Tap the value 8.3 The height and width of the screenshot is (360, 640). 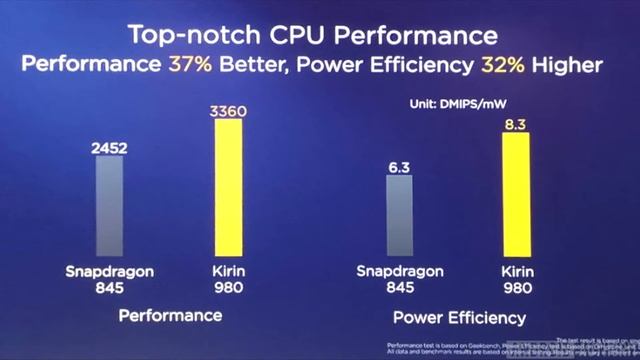point(514,123)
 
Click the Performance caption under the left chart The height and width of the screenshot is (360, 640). point(170,315)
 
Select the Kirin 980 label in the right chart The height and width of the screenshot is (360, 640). point(514,279)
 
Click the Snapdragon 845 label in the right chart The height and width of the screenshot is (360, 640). point(399,279)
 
